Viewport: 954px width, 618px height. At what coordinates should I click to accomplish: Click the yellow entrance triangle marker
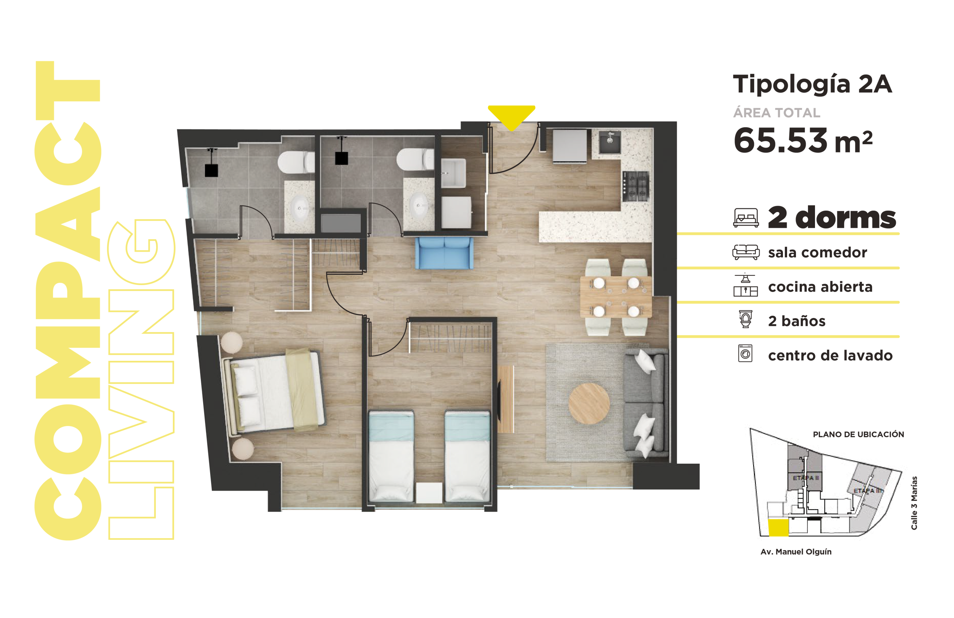click(512, 116)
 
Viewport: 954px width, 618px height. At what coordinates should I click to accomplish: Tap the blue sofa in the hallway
click(444, 253)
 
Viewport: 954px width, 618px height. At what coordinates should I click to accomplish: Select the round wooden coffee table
click(589, 403)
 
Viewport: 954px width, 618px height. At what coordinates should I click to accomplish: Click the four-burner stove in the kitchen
click(635, 186)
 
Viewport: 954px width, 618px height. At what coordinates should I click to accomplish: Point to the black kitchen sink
click(610, 142)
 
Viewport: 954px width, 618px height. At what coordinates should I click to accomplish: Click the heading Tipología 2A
click(812, 85)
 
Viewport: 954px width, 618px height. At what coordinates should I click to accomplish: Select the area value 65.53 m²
click(802, 141)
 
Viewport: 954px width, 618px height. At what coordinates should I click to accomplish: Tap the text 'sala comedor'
click(817, 253)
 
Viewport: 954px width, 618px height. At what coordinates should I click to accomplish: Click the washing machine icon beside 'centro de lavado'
click(745, 353)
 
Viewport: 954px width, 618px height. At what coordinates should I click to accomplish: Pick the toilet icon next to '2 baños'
click(746, 319)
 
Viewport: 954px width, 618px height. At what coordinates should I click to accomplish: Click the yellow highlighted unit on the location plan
click(778, 527)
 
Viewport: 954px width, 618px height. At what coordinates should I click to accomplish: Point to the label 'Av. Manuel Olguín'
click(796, 552)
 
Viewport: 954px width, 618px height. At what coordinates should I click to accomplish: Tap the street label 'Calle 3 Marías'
click(914, 503)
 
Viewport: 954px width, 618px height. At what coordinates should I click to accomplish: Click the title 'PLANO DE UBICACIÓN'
click(858, 434)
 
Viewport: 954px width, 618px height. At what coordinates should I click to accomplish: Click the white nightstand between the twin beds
click(429, 492)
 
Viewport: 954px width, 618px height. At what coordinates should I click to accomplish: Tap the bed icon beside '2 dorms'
click(746, 218)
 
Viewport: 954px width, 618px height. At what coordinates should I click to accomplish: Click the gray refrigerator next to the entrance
click(569, 146)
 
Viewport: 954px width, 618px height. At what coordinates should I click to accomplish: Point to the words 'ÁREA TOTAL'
click(777, 113)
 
